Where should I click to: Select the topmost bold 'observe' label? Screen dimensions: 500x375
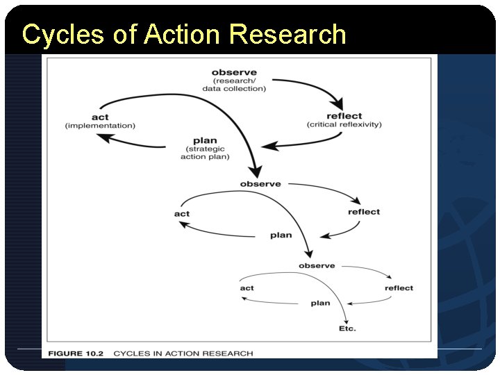(x=234, y=72)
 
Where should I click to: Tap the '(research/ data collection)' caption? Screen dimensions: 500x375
(x=234, y=85)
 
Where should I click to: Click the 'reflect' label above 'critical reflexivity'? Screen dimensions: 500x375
(x=344, y=115)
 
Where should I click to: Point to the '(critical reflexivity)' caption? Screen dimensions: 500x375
(x=344, y=125)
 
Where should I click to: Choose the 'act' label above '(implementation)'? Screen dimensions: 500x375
(x=100, y=117)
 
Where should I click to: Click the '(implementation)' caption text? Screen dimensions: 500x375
(x=100, y=126)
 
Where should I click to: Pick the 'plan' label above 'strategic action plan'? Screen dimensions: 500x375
(x=205, y=140)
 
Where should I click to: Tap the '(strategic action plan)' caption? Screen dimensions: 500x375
(x=205, y=153)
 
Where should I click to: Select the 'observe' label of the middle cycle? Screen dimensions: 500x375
(x=260, y=184)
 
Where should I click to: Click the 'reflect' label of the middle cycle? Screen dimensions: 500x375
(x=364, y=212)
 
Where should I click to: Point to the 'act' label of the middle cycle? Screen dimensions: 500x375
(x=182, y=214)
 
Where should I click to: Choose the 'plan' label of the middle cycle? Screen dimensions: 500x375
(x=281, y=235)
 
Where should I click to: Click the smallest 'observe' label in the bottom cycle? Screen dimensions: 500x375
(x=317, y=266)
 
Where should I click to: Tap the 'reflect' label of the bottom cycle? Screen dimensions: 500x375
(x=399, y=288)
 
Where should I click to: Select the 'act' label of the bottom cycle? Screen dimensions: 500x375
(x=247, y=288)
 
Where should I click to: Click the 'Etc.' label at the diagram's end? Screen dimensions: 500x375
(x=347, y=328)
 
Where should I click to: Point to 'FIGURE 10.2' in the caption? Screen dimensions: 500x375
(x=76, y=353)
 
